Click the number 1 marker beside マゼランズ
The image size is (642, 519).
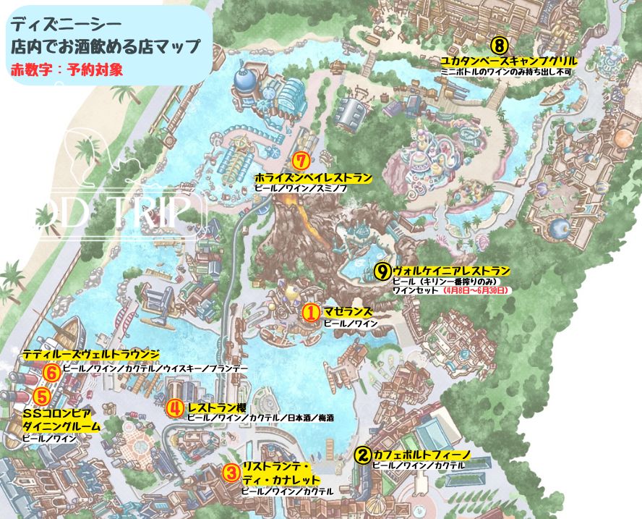310,312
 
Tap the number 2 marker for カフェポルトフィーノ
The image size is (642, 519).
364,455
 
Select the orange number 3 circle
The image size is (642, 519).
231,473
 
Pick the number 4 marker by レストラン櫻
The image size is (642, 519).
174,408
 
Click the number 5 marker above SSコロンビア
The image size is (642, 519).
43,396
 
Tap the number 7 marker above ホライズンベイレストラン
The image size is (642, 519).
303,161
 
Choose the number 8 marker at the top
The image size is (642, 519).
500,43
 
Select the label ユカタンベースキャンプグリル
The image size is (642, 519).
499,61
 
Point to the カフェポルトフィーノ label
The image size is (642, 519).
421,455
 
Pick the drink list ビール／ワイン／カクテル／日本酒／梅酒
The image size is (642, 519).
260,418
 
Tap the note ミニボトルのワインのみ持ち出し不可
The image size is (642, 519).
499,72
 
